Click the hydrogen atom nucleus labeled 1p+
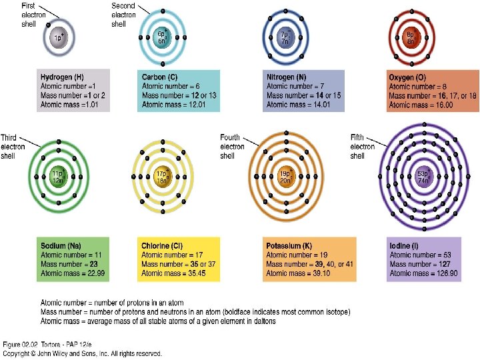click(59, 38)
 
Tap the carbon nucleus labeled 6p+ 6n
click(162, 37)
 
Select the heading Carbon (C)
click(159, 77)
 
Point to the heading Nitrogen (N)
click(287, 77)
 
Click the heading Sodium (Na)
click(61, 246)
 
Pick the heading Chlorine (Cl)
click(164, 246)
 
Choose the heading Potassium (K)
click(289, 246)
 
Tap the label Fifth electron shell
click(363, 147)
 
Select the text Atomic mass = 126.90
click(423, 273)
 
